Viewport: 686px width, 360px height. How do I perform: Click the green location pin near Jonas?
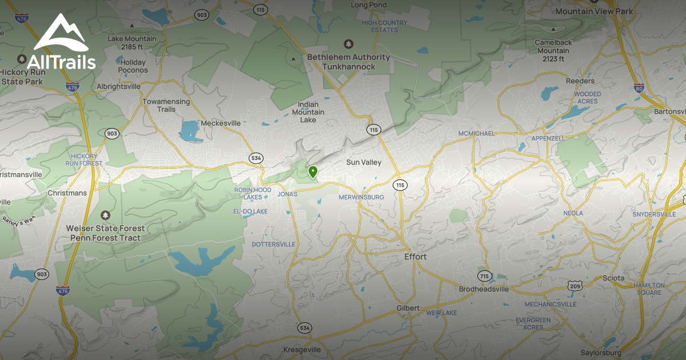pyautogui.click(x=313, y=171)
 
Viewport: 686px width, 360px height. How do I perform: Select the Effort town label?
pyautogui.click(x=415, y=257)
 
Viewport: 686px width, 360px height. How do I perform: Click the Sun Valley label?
pyautogui.click(x=364, y=162)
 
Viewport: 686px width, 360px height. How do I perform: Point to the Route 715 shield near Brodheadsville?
pyautogui.click(x=484, y=276)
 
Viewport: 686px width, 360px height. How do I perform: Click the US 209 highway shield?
pyautogui.click(x=575, y=285)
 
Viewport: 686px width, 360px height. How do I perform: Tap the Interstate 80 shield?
pyautogui.click(x=639, y=88)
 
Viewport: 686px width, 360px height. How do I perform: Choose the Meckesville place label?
pyautogui.click(x=221, y=123)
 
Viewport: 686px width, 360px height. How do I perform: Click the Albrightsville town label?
pyautogui.click(x=118, y=86)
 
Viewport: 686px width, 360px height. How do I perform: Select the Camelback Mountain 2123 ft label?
pyautogui.click(x=552, y=50)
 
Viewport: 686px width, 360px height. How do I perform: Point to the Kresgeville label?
pyautogui.click(x=302, y=349)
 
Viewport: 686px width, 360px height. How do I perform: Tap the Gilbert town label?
pyautogui.click(x=408, y=308)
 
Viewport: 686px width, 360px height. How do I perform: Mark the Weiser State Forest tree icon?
pyautogui.click(x=105, y=215)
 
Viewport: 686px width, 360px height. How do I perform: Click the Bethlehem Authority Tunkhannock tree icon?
pyautogui.click(x=348, y=44)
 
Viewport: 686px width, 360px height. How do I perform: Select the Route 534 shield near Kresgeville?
pyautogui.click(x=304, y=328)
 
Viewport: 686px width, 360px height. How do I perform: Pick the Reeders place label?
pyautogui.click(x=580, y=81)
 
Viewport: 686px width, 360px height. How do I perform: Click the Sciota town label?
pyautogui.click(x=615, y=278)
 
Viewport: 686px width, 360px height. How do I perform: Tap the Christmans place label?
pyautogui.click(x=67, y=193)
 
